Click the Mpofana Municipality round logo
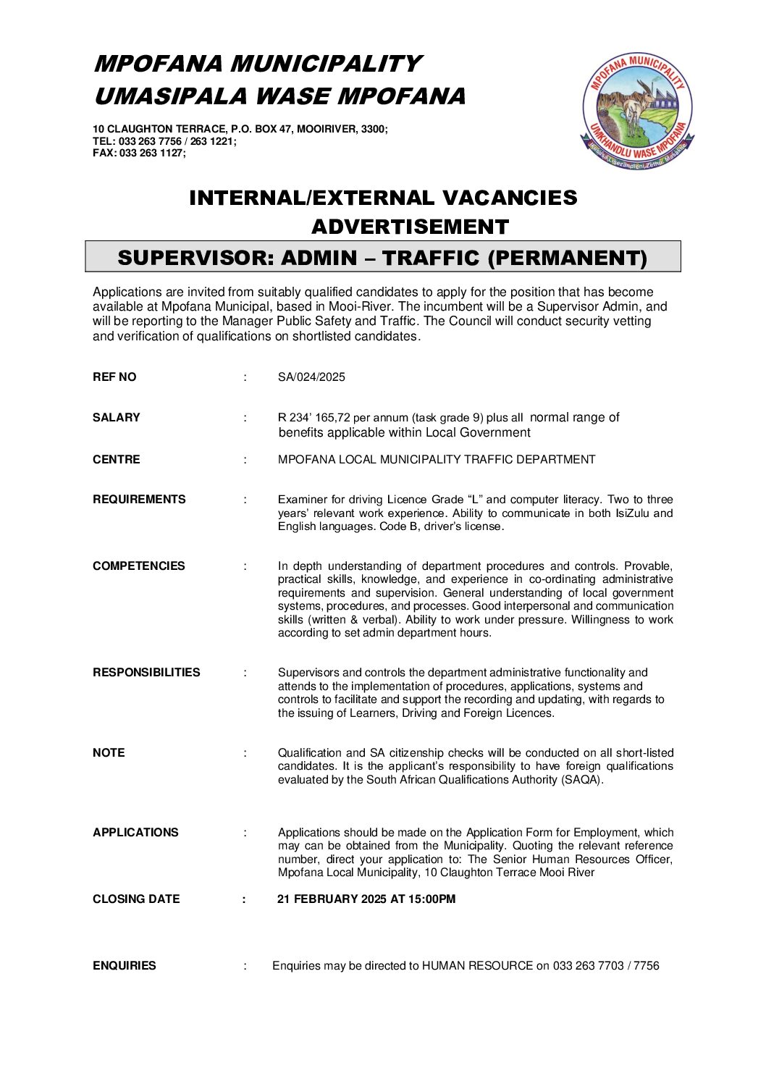point(637,112)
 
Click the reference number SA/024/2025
point(311,377)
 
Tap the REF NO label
point(114,377)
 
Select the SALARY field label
point(117,418)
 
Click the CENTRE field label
point(117,460)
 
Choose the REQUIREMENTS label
point(139,500)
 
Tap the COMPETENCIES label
point(139,566)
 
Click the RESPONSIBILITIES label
point(146,673)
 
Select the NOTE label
point(109,753)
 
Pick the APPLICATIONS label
point(135,833)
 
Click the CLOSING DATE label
point(136,899)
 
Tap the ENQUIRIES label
point(125,966)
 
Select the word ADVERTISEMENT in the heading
point(410,227)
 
